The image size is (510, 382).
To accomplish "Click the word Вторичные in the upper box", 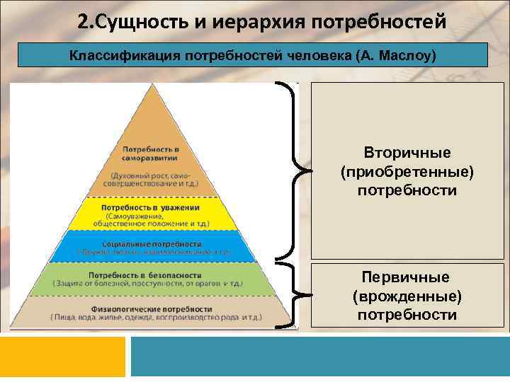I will [407, 153].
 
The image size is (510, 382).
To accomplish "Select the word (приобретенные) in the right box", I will [407, 172].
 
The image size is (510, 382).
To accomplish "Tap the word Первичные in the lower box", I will [407, 277].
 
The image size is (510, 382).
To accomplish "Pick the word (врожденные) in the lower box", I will [407, 296].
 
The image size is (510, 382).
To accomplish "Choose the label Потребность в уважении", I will [152, 207].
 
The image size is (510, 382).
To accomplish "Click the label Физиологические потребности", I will [152, 309].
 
